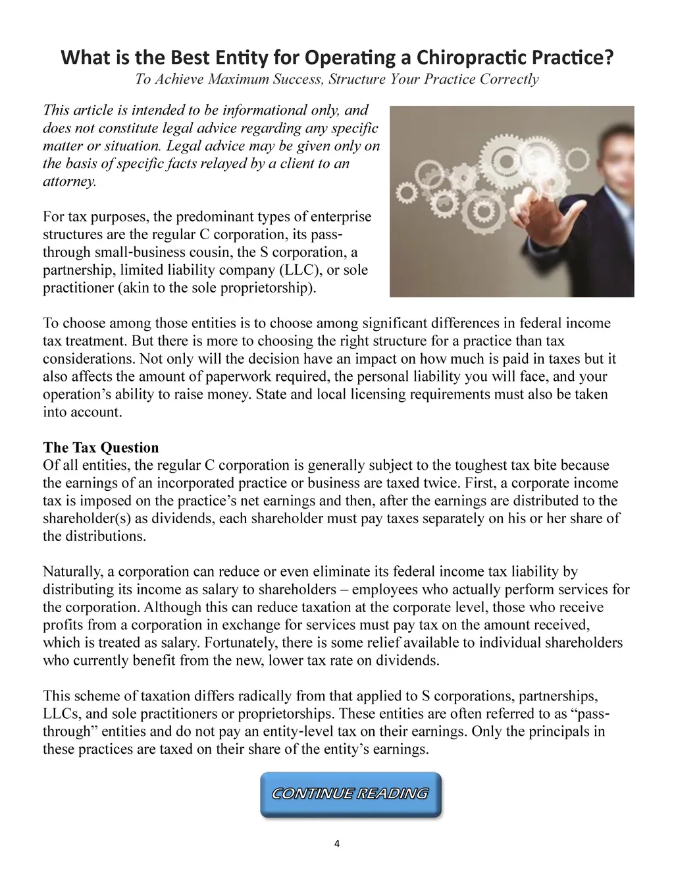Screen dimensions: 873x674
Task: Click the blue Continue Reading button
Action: click(350, 794)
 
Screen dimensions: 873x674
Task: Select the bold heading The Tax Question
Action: click(101, 448)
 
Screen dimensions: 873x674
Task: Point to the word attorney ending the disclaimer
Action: click(68, 181)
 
